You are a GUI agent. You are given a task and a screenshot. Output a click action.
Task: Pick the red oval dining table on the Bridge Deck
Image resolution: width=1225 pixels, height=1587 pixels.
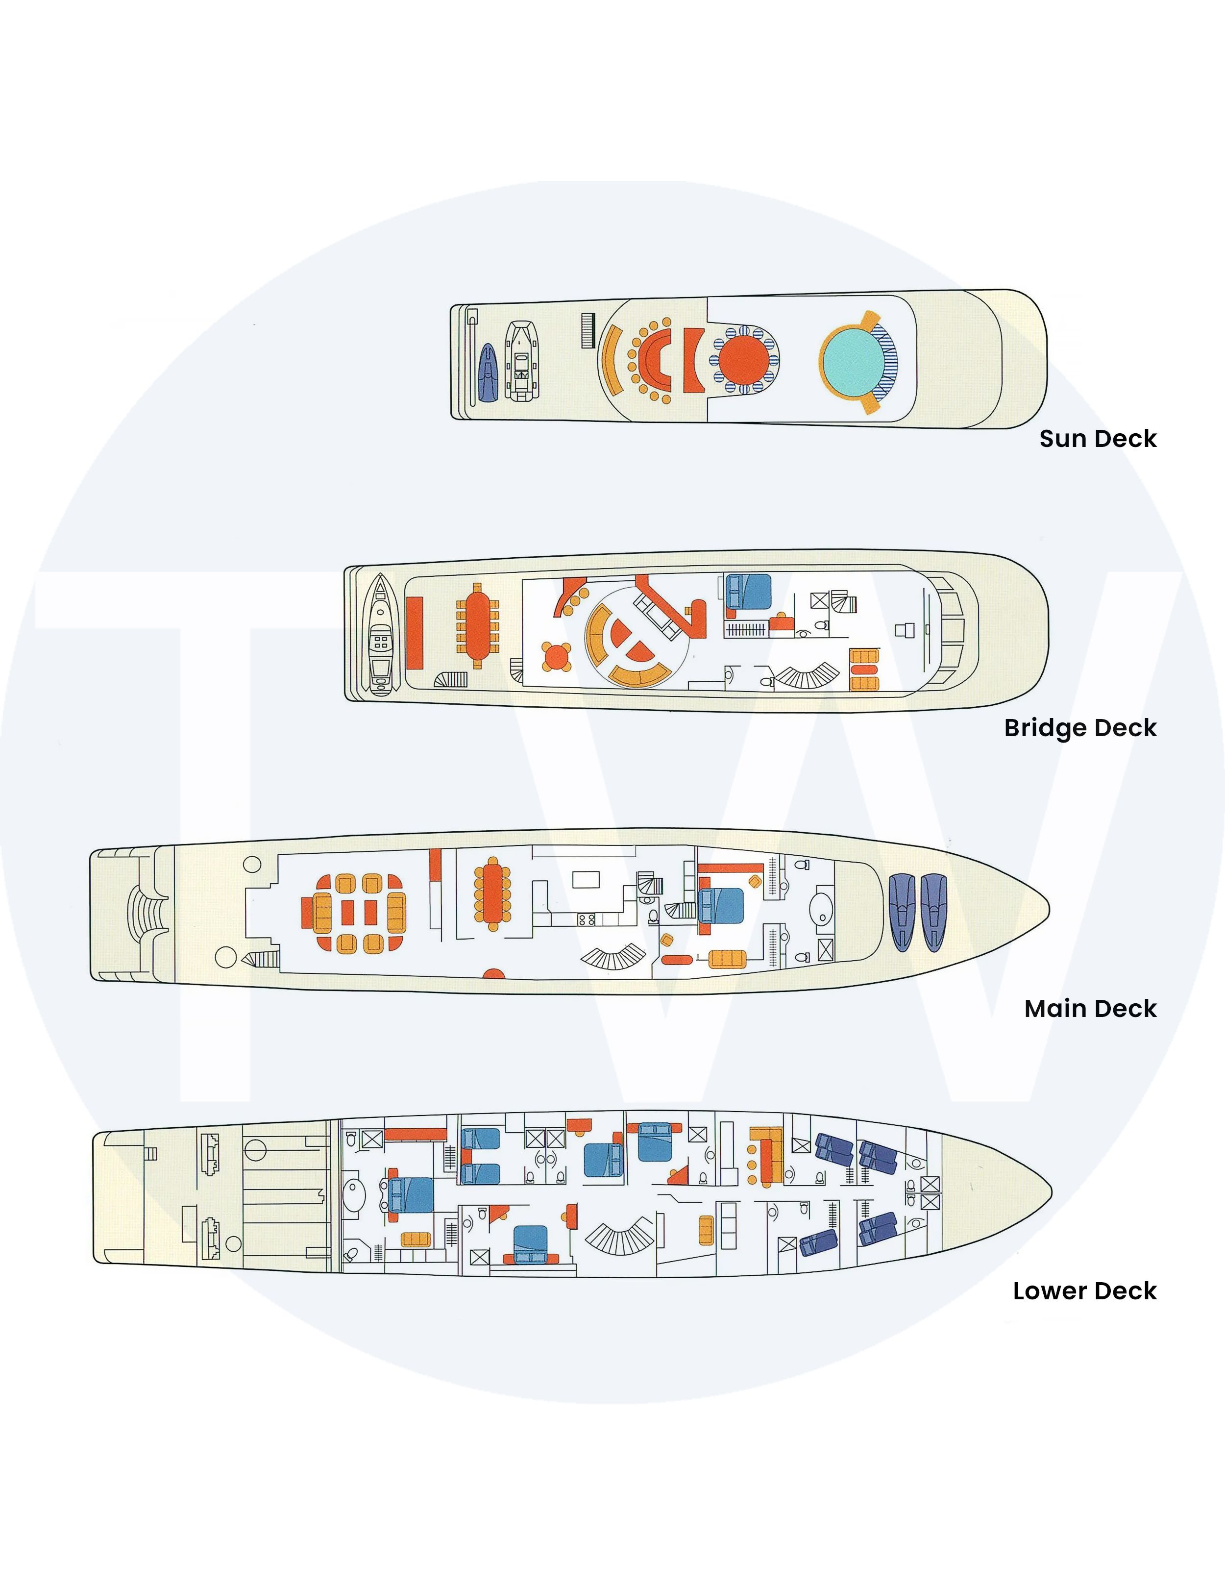477,625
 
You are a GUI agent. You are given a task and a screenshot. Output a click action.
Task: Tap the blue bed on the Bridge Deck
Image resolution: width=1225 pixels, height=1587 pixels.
748,592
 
